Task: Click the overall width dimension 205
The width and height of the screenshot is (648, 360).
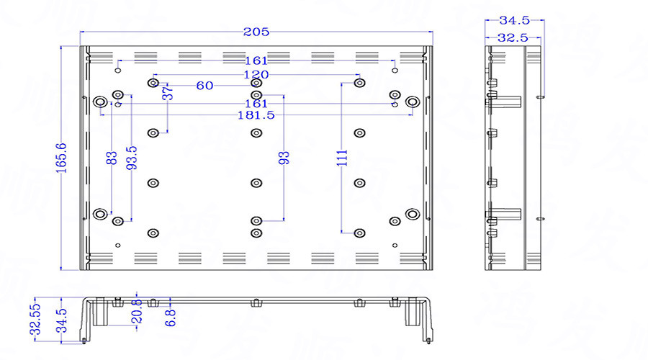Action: (x=256, y=32)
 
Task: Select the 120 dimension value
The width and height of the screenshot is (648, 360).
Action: (x=256, y=75)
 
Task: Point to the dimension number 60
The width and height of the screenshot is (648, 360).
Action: (x=204, y=86)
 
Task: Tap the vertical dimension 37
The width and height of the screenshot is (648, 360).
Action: (x=167, y=93)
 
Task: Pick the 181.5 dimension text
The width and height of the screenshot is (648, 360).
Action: (x=256, y=115)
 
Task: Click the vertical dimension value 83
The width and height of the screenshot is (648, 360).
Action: (x=111, y=158)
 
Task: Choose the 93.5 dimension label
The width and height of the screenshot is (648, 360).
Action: (x=131, y=158)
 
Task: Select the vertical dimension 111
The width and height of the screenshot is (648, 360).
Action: (x=342, y=158)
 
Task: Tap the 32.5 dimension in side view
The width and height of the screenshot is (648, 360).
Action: (x=513, y=37)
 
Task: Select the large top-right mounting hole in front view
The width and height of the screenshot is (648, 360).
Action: (x=412, y=102)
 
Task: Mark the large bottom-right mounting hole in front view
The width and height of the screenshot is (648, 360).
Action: (x=412, y=214)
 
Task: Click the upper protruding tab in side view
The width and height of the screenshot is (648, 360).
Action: (x=508, y=100)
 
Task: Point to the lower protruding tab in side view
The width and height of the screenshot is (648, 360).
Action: (x=508, y=213)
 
